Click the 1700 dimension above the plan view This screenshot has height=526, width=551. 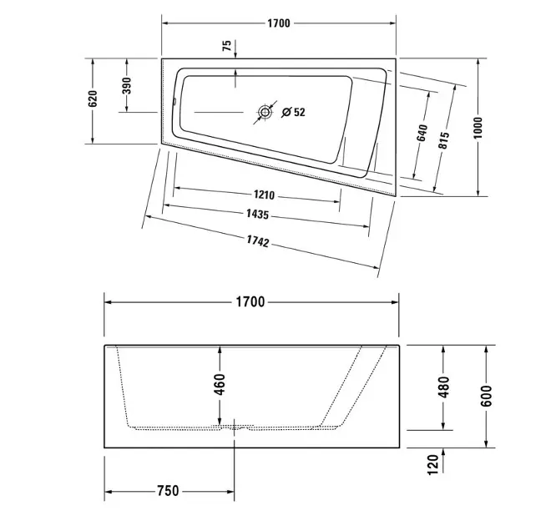pos(279,23)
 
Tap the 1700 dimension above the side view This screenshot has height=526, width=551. pos(250,302)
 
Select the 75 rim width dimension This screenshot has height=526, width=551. pos(227,46)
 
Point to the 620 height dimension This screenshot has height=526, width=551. pos(93,99)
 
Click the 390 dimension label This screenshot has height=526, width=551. pos(127,86)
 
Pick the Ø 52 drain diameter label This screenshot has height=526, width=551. pos(294,113)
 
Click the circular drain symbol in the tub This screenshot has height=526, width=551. pos(265,113)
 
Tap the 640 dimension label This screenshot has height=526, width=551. pos(422,133)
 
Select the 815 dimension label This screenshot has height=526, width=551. pos(444,140)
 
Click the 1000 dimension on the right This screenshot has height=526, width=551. pos(478,128)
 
